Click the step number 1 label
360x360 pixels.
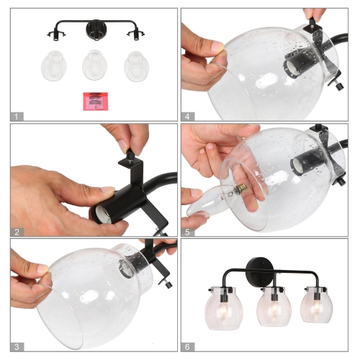coord(17,117)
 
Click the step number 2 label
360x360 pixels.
coord(17,232)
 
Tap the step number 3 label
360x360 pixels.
coord(17,347)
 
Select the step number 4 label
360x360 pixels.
coord(187,117)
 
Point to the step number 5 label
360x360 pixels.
coord(187,232)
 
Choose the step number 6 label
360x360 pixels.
coord(187,347)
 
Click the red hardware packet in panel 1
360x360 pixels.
coord(96,102)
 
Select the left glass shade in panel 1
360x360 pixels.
coord(54,66)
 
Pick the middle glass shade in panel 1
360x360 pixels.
coord(94,66)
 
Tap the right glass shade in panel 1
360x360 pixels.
coord(137,66)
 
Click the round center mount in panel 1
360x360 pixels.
coord(96,30)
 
